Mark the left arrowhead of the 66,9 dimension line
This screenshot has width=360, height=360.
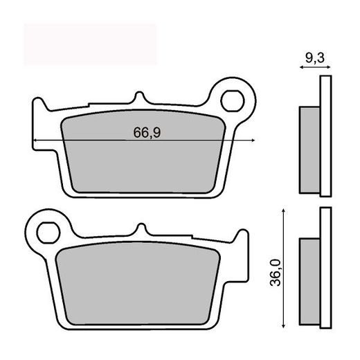35,141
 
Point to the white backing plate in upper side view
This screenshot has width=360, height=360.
323,138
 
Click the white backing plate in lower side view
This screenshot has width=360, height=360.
323,270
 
